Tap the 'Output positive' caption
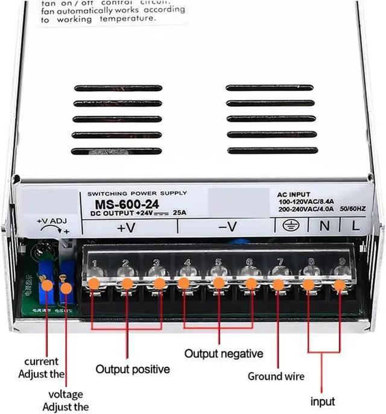[133, 369]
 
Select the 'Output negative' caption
[224, 353]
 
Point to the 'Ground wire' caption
[276, 377]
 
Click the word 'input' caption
[323, 401]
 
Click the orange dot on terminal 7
[278, 284]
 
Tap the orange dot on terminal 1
[94, 283]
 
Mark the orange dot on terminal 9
[340, 284]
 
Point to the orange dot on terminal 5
[218, 283]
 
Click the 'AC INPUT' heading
[294, 195]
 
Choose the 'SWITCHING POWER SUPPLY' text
[137, 193]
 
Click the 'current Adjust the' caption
[42, 367]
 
